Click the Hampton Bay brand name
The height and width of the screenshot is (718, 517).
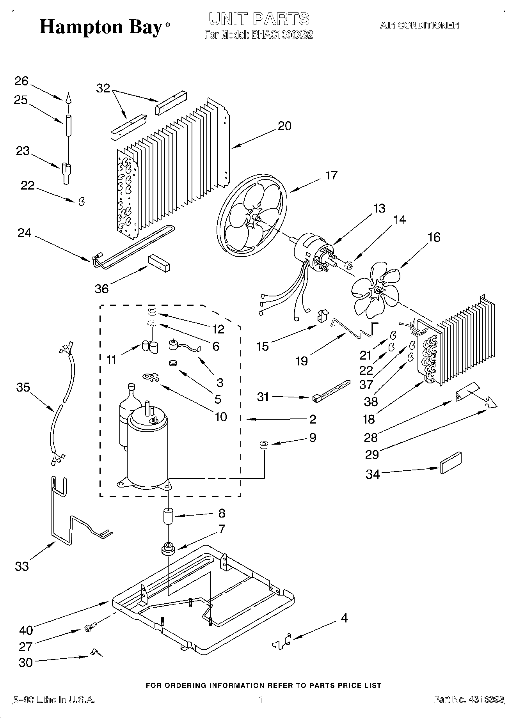coord(101,27)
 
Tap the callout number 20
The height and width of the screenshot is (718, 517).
coord(284,126)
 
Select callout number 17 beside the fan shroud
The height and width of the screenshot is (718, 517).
coord(331,176)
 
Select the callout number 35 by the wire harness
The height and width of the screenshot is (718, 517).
coord(23,387)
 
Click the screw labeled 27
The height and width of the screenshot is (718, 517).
coord(88,628)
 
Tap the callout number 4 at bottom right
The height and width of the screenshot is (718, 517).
coord(343,618)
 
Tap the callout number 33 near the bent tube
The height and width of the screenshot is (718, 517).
coord(22,566)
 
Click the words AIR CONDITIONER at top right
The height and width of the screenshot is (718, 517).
coord(419,26)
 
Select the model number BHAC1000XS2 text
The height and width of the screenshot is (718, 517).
coord(282,35)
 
